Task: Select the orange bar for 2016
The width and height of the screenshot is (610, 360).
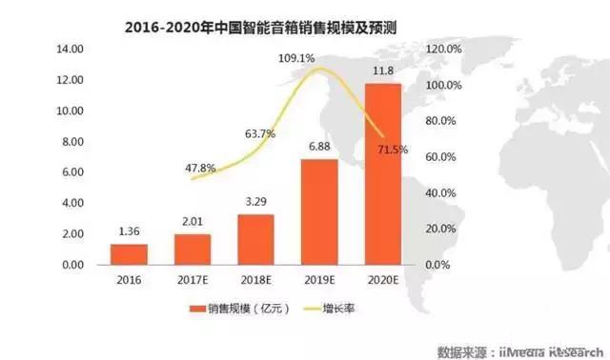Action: (x=129, y=254)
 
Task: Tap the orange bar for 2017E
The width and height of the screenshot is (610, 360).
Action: (x=193, y=250)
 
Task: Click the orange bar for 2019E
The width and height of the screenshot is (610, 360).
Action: (x=320, y=212)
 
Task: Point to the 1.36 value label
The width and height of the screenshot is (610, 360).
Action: (x=129, y=231)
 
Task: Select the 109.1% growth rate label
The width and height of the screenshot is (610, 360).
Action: (x=296, y=58)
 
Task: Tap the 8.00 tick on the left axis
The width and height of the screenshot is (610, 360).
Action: (x=73, y=141)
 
